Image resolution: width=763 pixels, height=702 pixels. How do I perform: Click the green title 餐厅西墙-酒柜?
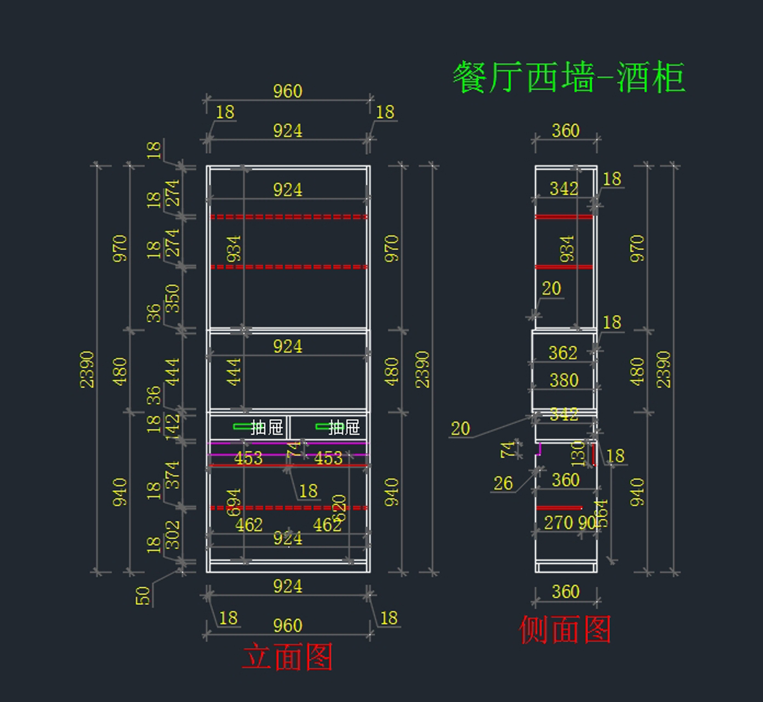pyautogui.click(x=568, y=78)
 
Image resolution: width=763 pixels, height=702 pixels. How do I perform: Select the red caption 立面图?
pyautogui.click(x=287, y=657)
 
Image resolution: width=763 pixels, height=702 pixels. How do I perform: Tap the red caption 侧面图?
pyautogui.click(x=565, y=630)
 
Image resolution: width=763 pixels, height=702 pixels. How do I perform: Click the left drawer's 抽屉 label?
pyautogui.click(x=267, y=427)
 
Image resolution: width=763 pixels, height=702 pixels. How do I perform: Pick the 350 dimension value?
pyautogui.click(x=172, y=299)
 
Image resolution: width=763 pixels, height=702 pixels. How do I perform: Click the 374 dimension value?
pyautogui.click(x=172, y=475)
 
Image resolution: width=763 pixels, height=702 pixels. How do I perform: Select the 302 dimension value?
pyautogui.click(x=172, y=535)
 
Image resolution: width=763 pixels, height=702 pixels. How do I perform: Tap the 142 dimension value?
pyautogui.click(x=172, y=426)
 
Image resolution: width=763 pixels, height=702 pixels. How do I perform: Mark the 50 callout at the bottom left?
pyautogui.click(x=143, y=595)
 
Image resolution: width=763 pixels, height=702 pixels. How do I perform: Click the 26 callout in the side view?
pyautogui.click(x=503, y=483)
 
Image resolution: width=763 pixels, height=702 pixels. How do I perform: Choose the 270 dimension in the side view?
pyautogui.click(x=558, y=523)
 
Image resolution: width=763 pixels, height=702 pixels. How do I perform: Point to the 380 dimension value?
pyautogui.click(x=564, y=380)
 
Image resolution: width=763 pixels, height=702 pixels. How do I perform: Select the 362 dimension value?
pyautogui.click(x=563, y=353)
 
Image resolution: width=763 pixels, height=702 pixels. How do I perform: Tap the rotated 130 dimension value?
pyautogui.click(x=577, y=454)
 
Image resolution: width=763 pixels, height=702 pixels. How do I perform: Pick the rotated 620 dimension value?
pyautogui.click(x=339, y=508)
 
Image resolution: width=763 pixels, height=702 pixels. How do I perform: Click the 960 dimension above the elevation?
pyautogui.click(x=287, y=91)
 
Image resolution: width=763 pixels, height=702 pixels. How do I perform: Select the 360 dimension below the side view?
pyautogui.click(x=565, y=592)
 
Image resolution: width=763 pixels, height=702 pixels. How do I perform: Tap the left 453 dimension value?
pyautogui.click(x=248, y=458)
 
